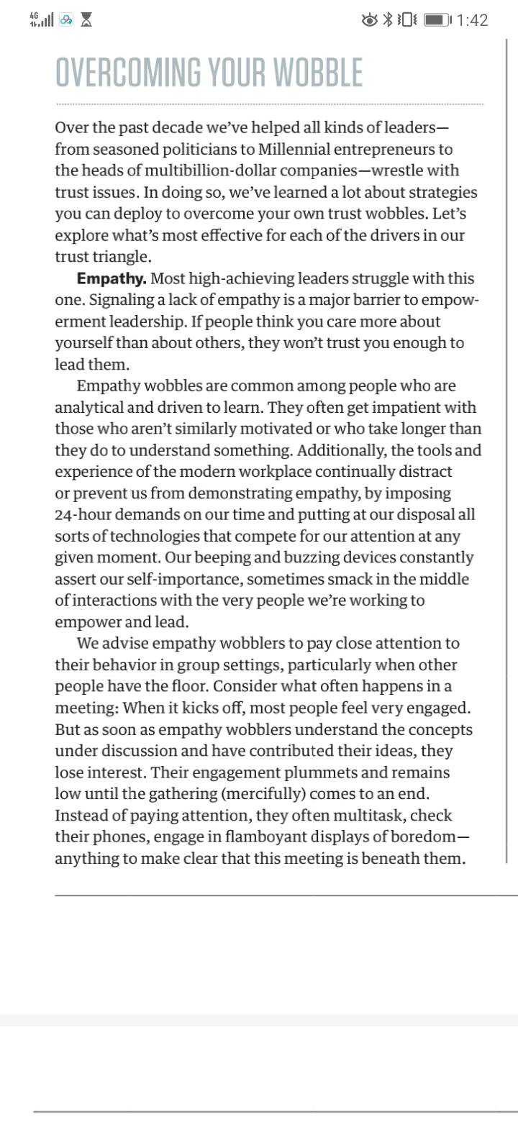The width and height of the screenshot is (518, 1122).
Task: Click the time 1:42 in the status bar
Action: pos(472,20)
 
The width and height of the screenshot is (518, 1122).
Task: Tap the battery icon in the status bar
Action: pos(437,20)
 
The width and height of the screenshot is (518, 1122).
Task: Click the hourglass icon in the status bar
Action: pos(87,20)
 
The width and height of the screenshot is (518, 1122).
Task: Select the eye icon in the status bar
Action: pos(370,20)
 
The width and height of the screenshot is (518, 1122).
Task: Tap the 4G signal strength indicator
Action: pos(41,20)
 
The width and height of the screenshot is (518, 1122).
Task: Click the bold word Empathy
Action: pos(112,278)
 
